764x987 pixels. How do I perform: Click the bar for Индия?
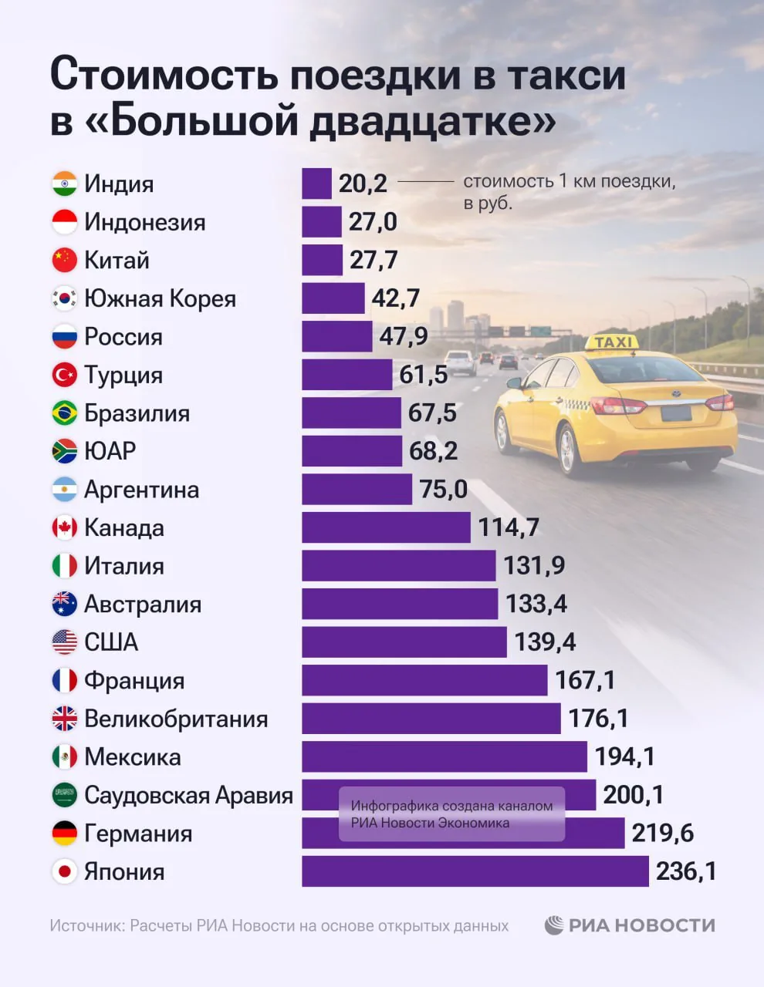[x=316, y=184]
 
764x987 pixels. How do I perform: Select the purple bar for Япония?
[x=475, y=871]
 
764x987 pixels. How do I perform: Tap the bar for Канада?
[x=386, y=527]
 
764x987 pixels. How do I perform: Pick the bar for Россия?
[x=336, y=337]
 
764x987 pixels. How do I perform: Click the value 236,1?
[x=686, y=871]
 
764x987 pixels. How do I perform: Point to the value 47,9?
[x=404, y=337]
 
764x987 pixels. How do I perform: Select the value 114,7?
[x=509, y=527]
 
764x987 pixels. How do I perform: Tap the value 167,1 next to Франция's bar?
[x=585, y=680]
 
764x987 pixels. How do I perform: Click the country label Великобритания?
[x=176, y=719]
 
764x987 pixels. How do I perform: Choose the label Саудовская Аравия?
[x=188, y=795]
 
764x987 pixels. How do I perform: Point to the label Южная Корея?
[x=160, y=298]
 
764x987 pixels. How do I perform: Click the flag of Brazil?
[x=65, y=413]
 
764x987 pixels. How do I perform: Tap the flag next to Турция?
[x=65, y=375]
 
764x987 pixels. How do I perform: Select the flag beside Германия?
[x=65, y=834]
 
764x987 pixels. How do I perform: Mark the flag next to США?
[x=65, y=642]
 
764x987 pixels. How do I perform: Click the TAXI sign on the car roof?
[x=614, y=342]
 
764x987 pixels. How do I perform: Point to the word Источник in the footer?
[x=86, y=926]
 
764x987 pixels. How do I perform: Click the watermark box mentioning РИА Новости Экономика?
[x=452, y=814]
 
